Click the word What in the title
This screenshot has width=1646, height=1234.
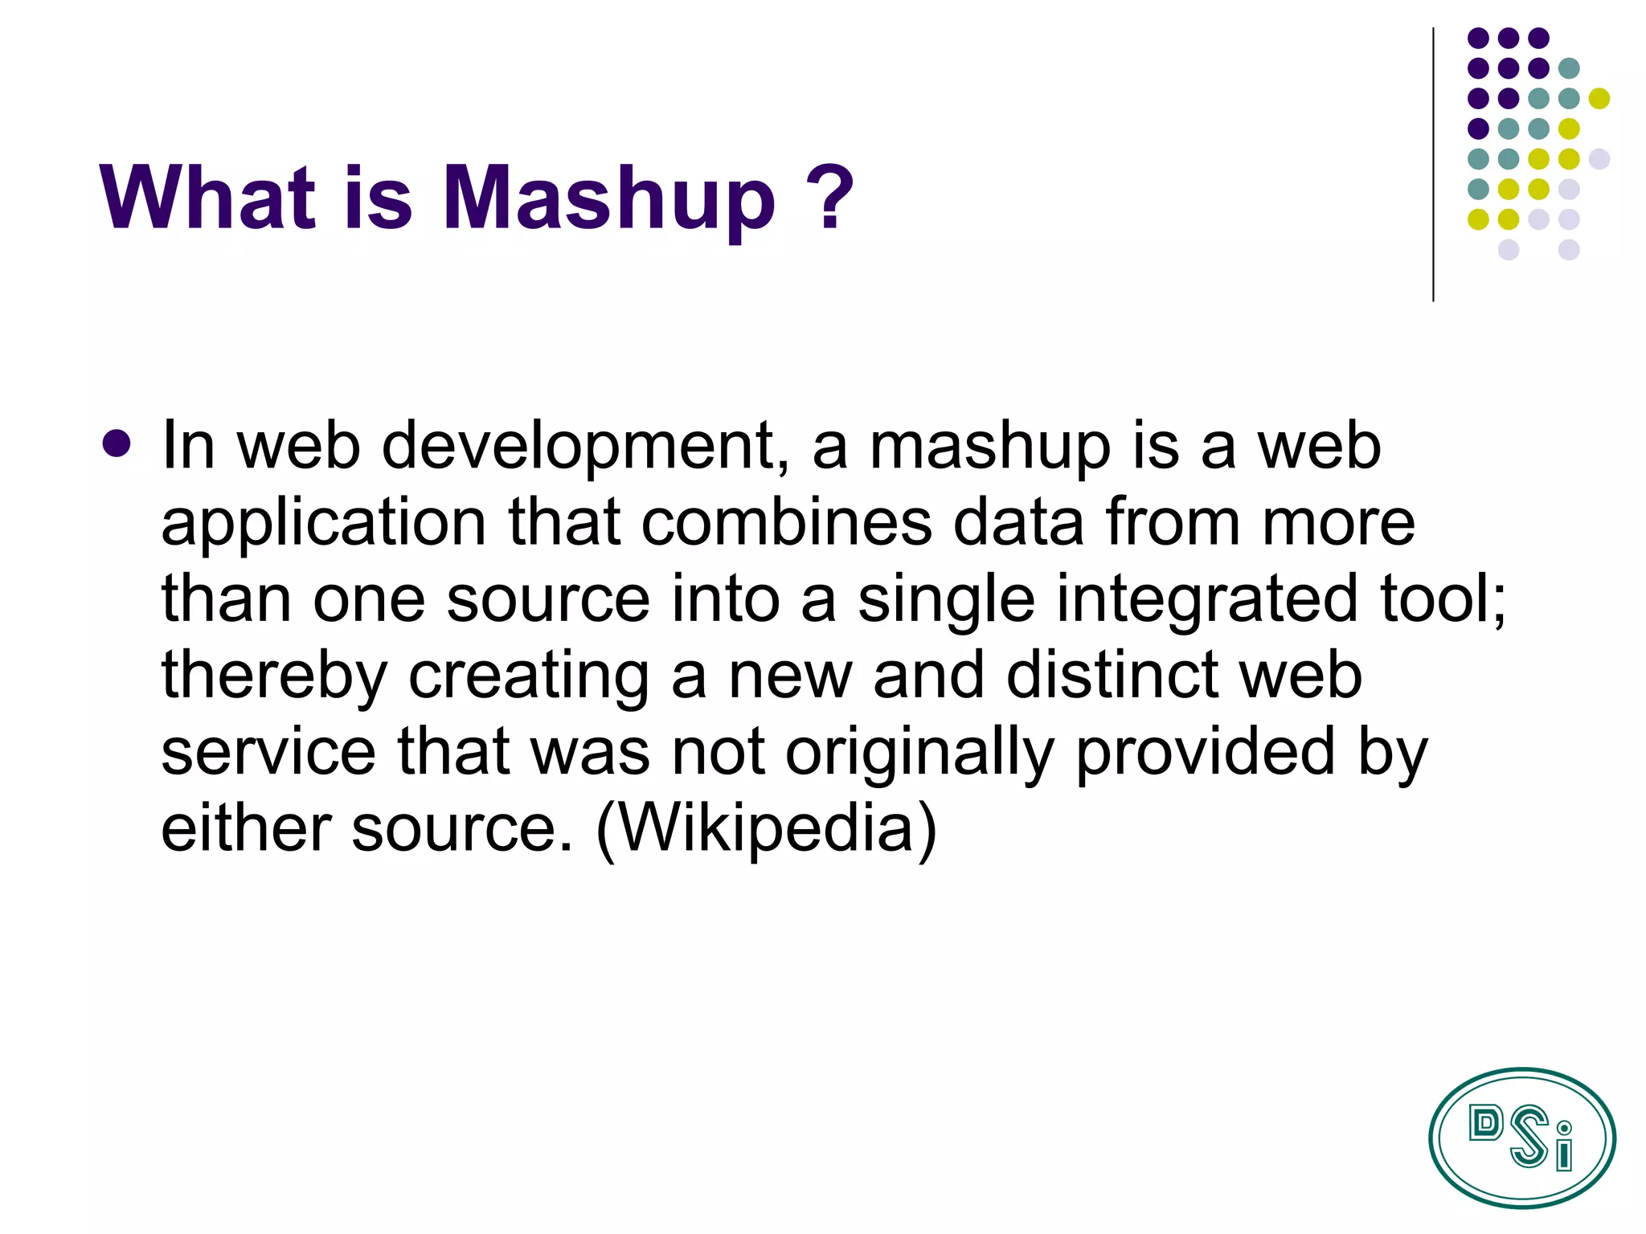[x=207, y=197]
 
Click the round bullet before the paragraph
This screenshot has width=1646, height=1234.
[x=117, y=443]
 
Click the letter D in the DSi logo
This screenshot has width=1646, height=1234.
[x=1485, y=1123]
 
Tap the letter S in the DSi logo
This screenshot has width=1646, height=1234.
[x=1529, y=1136]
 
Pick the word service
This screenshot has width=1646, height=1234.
[x=268, y=753]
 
